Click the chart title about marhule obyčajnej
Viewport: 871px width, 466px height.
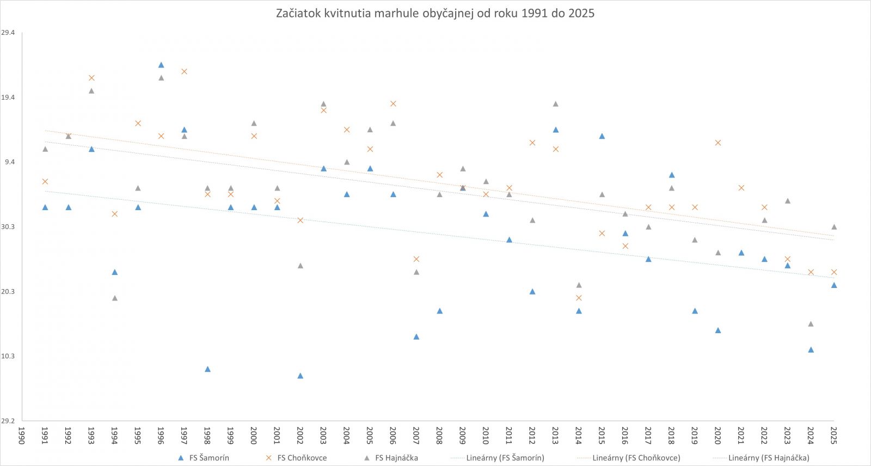click(435, 14)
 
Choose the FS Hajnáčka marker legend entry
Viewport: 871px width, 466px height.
click(391, 458)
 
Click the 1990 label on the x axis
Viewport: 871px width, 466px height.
click(22, 435)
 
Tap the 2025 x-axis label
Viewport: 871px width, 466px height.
click(833, 435)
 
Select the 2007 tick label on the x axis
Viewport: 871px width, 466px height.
click(416, 435)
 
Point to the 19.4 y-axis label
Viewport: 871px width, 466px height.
click(8, 97)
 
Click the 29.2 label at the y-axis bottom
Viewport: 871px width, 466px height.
click(8, 421)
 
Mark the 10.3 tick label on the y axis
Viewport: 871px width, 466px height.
click(8, 356)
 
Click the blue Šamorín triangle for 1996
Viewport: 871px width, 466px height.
click(161, 65)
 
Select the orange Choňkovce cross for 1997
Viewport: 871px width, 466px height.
click(184, 71)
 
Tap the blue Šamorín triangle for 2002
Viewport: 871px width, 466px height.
click(300, 376)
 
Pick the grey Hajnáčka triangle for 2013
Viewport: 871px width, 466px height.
click(555, 104)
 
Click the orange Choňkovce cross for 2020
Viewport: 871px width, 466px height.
click(718, 143)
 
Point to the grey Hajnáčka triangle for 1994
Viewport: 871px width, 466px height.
click(115, 298)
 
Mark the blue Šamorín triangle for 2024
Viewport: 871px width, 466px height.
click(811, 349)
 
